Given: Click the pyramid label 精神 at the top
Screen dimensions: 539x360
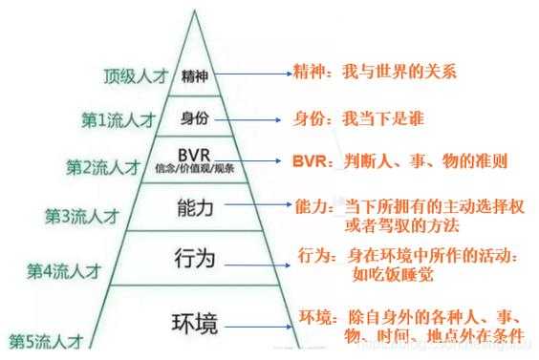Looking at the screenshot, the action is click(194, 77).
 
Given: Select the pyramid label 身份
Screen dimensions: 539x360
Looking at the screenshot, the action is click(194, 119).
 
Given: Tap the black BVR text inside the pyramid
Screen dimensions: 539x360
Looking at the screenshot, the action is click(194, 157).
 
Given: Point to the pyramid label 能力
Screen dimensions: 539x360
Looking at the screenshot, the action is click(195, 206).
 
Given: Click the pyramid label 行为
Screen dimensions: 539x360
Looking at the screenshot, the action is click(195, 258).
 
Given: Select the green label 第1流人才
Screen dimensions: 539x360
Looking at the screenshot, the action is click(119, 120).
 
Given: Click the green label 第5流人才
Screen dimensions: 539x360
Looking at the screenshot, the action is click(45, 340).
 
